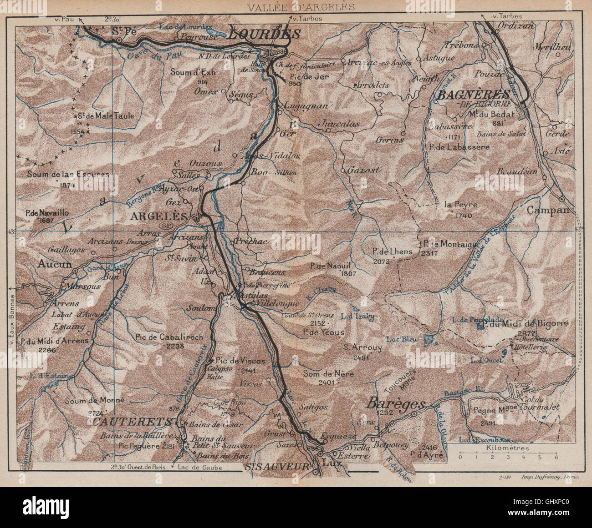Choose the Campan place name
point(548,210)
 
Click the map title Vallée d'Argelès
point(301,6)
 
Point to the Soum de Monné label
point(94,401)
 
